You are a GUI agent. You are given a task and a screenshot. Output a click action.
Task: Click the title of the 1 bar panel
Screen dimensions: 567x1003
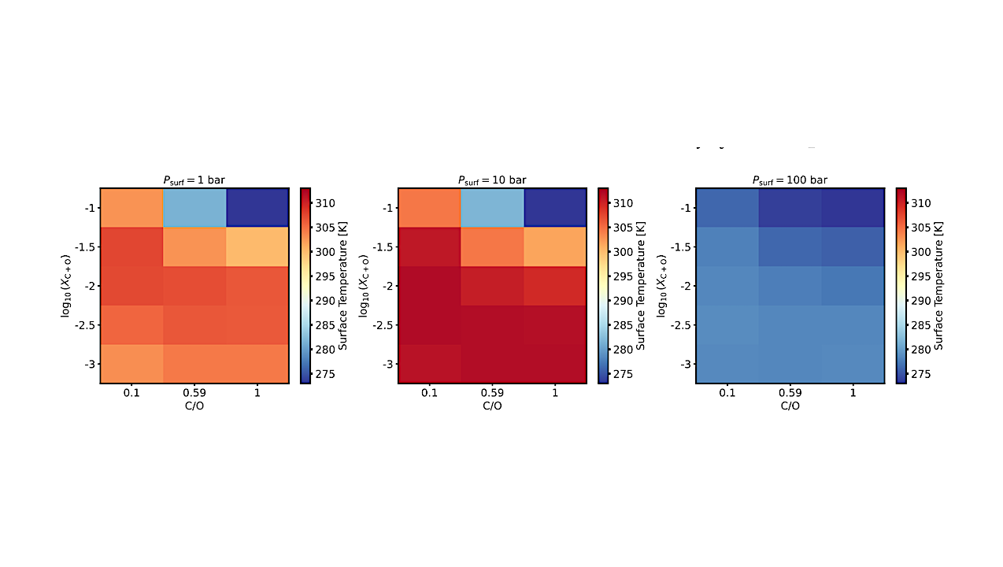coord(194,180)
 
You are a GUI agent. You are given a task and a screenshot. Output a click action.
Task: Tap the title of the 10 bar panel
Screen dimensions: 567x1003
coord(492,180)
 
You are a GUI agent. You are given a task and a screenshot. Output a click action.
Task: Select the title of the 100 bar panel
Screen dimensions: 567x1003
coord(790,180)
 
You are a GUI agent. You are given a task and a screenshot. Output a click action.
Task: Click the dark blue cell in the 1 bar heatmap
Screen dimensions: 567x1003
coord(257,208)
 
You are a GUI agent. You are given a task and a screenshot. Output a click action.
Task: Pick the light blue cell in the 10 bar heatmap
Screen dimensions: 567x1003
coord(492,208)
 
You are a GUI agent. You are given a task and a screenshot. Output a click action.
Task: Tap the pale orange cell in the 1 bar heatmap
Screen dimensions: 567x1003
coord(257,246)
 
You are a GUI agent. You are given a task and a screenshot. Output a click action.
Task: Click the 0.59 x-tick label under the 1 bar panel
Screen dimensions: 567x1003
coord(194,393)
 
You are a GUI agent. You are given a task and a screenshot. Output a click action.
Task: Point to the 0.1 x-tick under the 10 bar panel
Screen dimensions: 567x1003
coord(429,393)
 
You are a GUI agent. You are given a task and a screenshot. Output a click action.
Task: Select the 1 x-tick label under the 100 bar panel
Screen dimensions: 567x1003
coord(853,393)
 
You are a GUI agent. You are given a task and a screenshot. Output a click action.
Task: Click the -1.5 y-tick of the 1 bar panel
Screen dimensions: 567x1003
coord(86,247)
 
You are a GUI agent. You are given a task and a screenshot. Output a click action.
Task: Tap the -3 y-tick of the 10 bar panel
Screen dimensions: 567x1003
coord(387,365)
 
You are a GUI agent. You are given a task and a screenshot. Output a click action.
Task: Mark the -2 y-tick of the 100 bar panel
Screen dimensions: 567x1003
coord(685,286)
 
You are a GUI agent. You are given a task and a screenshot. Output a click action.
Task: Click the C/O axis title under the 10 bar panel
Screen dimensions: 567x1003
coord(492,406)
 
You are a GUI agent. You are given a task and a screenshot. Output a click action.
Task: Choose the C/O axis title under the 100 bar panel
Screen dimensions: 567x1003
coord(790,406)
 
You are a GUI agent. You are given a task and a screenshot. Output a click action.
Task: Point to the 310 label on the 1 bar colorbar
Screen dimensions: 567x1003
coord(325,203)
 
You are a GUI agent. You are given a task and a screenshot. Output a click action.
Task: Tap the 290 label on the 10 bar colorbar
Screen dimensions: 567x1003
coord(623,301)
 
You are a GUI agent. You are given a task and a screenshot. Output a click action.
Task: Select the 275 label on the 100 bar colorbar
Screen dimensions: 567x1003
coord(920,374)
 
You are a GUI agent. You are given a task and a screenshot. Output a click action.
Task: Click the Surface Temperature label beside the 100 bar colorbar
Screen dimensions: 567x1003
coord(938,285)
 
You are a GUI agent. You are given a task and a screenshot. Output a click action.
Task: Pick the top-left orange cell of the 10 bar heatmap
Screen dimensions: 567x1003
coord(429,208)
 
